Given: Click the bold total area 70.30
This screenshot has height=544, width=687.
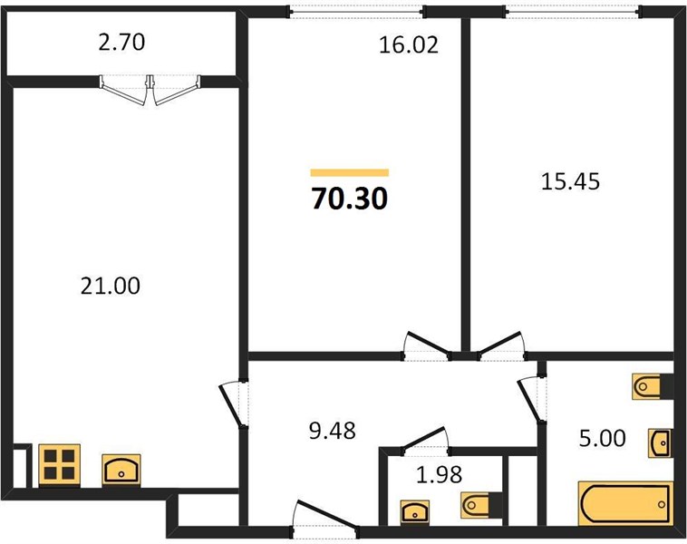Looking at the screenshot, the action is [350, 199].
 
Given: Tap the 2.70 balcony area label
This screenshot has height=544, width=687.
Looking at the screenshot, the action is [121, 43].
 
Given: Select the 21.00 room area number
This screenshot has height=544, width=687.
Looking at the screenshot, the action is [111, 286].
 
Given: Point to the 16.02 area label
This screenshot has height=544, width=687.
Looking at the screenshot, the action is [409, 45].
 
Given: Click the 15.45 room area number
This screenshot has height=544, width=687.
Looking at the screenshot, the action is [570, 181].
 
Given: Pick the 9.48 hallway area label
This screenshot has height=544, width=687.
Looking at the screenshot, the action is [333, 431].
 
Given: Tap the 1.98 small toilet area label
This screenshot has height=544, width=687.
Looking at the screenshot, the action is [439, 474].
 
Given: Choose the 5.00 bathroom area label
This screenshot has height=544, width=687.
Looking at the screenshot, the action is [603, 438].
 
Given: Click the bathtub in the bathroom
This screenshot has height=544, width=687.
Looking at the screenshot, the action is [625, 504].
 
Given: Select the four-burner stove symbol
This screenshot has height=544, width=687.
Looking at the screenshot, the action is [60, 464].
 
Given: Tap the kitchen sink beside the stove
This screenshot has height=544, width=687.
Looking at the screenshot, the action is [121, 470].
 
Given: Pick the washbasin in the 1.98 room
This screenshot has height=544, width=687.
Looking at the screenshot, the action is [415, 511].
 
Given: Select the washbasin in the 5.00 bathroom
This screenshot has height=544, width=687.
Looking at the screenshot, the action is [660, 443].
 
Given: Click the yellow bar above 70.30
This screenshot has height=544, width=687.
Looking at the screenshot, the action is [350, 172].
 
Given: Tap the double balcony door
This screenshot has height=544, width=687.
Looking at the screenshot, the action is [150, 90].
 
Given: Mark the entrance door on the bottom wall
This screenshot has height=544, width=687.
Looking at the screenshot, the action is [325, 520].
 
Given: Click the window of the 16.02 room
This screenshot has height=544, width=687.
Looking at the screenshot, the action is [357, 12].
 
